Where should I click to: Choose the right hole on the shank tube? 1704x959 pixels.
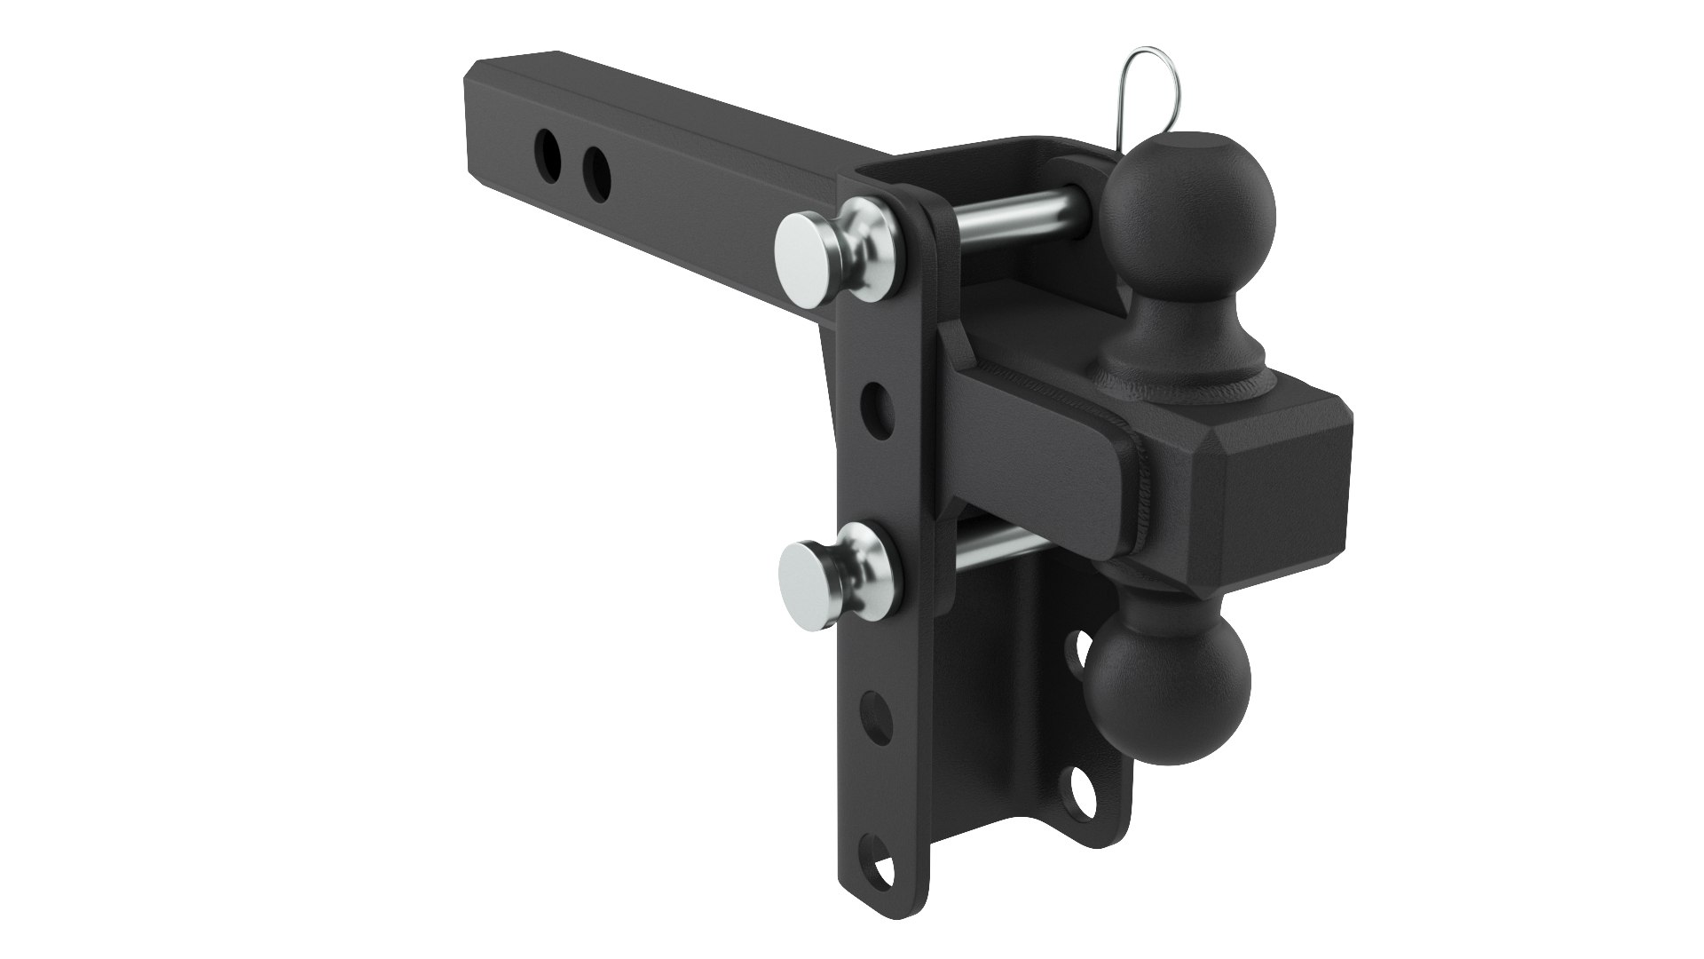click(x=597, y=168)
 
